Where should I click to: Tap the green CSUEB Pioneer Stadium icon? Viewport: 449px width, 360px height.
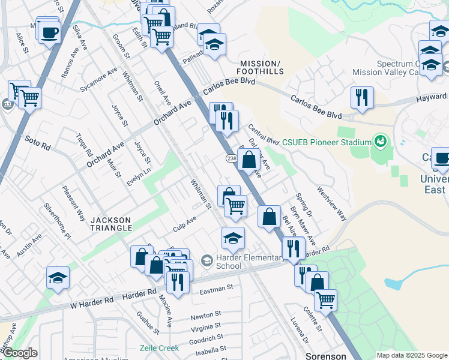(379, 142)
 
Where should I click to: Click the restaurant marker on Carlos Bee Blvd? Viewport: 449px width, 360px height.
(362, 98)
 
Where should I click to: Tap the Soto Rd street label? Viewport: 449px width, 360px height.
(37, 142)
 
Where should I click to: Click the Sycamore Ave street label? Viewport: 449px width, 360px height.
(99, 79)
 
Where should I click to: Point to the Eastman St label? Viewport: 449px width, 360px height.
(216, 289)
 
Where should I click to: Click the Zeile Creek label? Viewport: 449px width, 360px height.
(160, 348)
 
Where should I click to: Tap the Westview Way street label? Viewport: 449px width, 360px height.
(332, 205)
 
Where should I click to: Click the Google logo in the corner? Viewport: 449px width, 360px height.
(20, 353)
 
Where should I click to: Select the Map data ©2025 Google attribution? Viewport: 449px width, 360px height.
(412, 355)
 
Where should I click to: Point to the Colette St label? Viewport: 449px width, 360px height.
(313, 319)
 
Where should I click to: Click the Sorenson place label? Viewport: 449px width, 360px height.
(326, 356)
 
